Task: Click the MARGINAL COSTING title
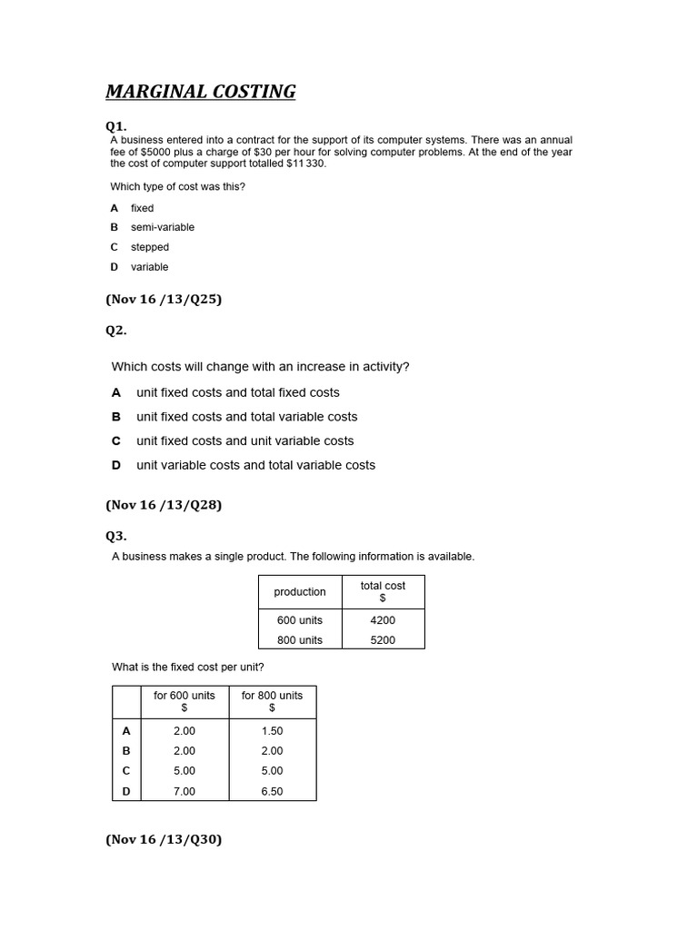pos(201,92)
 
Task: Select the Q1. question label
pos(116,126)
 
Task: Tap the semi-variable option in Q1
pos(162,227)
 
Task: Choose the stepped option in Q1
pos(149,247)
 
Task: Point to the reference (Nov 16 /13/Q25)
pos(164,299)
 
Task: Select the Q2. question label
pos(116,331)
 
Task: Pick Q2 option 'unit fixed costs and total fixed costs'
pos(237,392)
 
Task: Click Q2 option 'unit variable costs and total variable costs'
pos(255,465)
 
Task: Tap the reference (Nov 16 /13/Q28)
pos(164,505)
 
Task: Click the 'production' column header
pos(300,592)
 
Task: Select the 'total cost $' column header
pos(383,592)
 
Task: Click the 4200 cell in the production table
pos(383,620)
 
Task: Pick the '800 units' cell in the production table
pos(300,640)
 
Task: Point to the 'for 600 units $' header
pos(184,701)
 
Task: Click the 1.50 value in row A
pos(272,731)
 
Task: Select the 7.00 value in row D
pos(184,791)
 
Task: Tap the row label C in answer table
pos(126,771)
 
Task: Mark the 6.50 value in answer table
pos(272,791)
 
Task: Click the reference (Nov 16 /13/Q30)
pos(164,840)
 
